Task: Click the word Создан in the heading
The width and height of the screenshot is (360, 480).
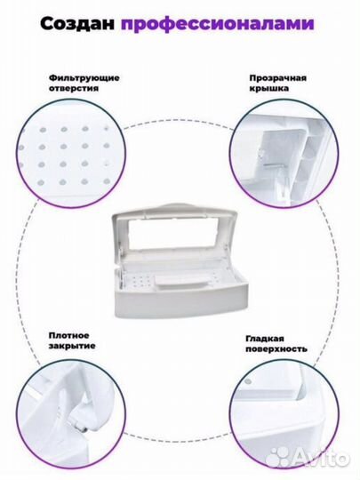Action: click(77, 24)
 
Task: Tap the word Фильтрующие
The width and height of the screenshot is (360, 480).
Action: click(84, 78)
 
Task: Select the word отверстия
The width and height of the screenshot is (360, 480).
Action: click(74, 89)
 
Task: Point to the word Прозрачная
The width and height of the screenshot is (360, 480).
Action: click(277, 78)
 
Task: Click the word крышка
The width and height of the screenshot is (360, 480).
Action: click(268, 89)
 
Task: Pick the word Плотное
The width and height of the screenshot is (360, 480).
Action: click(69, 335)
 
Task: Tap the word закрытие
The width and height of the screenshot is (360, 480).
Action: click(72, 347)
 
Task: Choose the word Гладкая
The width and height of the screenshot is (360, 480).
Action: click(265, 339)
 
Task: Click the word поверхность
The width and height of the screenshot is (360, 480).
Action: click(276, 349)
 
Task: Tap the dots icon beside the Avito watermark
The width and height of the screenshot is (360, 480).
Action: click(278, 458)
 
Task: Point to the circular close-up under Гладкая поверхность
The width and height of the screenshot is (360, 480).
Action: click(284, 415)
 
